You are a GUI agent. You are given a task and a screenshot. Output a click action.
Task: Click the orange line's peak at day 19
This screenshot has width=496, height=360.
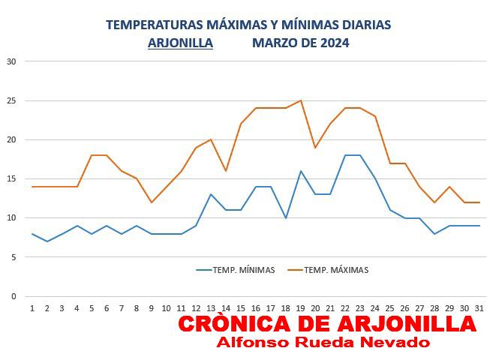coord(301,100)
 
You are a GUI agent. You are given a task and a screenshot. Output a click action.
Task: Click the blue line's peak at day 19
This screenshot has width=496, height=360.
coord(300,171)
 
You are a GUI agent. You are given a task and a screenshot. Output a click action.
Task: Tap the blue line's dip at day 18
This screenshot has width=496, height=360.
coord(286,217)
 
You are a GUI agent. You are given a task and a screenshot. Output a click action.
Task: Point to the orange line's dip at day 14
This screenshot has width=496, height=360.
coord(226,171)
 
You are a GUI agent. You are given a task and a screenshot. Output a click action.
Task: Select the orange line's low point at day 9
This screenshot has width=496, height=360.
coord(152,202)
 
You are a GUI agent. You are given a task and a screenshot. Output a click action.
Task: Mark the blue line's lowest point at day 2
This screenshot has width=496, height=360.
coord(47,241)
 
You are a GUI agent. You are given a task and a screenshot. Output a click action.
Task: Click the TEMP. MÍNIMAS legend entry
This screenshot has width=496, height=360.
coord(236,270)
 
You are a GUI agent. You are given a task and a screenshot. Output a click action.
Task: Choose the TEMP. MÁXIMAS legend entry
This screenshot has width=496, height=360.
coord(328,270)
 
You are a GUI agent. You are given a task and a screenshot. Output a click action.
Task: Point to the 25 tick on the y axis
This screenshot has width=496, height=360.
coord(11,100)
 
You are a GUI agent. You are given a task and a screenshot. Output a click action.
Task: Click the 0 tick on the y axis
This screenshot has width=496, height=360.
coord(14,296)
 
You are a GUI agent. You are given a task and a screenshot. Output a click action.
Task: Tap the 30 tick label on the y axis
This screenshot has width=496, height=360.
coord(11,61)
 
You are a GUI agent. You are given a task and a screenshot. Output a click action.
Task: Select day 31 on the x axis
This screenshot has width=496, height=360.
coord(479,308)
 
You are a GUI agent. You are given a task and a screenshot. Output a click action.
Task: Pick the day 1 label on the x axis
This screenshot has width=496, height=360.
coord(32,308)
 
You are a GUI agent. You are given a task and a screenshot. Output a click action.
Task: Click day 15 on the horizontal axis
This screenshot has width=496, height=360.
coord(241,308)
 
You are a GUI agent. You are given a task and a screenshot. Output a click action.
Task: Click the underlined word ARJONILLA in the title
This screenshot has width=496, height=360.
coord(180,43)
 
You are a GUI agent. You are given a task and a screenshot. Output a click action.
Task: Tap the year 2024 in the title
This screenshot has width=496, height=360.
coord(335,43)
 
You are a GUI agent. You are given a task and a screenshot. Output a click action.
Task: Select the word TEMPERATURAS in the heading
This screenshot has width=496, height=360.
coord(154,25)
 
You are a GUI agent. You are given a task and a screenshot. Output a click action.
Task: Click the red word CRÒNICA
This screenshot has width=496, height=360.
coord(234,324)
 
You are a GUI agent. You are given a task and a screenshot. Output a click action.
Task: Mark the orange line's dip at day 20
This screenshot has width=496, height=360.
coord(315,147)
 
